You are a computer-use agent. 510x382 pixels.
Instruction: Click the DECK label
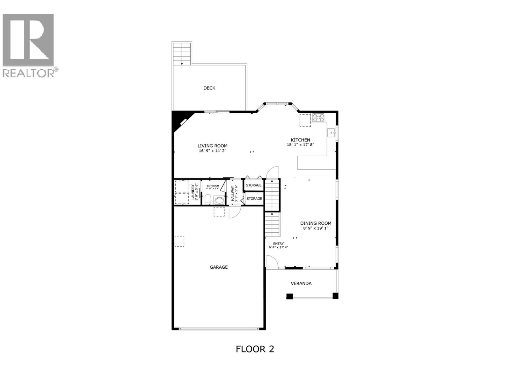(x=209, y=88)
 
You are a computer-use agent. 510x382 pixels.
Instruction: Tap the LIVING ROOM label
(x=212, y=146)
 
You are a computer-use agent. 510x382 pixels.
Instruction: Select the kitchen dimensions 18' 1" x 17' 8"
(x=301, y=145)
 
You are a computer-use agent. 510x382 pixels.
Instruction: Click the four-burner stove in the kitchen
(x=318, y=117)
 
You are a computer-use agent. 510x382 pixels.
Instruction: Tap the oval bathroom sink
(x=220, y=201)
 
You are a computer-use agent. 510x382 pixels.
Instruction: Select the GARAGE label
(x=219, y=267)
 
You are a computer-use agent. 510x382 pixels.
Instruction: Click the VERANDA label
(x=301, y=283)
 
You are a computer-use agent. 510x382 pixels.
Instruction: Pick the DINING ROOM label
(x=316, y=223)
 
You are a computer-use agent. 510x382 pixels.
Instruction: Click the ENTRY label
(x=278, y=244)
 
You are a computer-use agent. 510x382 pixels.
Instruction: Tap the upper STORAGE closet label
(x=254, y=185)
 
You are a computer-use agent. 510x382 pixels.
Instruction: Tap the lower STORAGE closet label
(x=254, y=199)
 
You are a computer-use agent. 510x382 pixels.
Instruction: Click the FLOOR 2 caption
(x=255, y=349)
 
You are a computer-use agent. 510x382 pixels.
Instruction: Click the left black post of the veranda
(x=289, y=296)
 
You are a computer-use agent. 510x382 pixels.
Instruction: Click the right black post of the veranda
(x=335, y=296)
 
